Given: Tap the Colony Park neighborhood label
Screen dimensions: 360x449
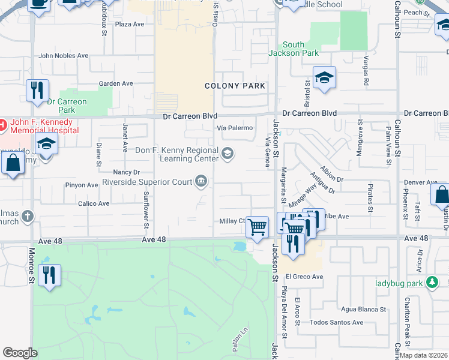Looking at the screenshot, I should pyautogui.click(x=235, y=86).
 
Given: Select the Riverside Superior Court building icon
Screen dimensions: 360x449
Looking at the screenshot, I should pyautogui.click(x=201, y=181).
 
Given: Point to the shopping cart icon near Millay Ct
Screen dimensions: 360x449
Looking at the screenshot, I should pyautogui.click(x=257, y=227).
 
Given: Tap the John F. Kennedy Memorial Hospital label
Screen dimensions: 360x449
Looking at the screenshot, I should pyautogui.click(x=45, y=126).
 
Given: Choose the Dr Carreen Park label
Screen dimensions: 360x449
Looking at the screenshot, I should pyautogui.click(x=67, y=106).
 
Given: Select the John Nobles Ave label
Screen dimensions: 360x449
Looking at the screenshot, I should pyautogui.click(x=63, y=56).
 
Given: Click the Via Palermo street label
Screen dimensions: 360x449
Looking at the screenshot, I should pyautogui.click(x=235, y=128).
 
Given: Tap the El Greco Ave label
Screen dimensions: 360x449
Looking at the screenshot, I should pyautogui.click(x=304, y=277).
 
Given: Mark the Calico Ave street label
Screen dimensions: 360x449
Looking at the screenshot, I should pyautogui.click(x=94, y=203).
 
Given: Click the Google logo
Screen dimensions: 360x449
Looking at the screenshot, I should pyautogui.click(x=20, y=353).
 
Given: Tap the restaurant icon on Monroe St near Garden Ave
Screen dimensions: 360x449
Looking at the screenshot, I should pyautogui.click(x=38, y=91).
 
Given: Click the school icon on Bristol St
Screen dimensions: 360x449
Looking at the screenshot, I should pyautogui.click(x=324, y=78).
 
